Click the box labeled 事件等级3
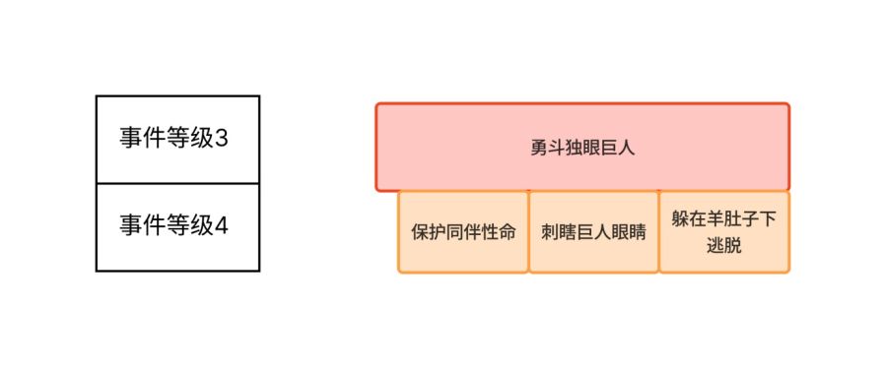point(177,139)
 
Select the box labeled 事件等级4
point(177,226)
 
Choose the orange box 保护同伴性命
point(463,233)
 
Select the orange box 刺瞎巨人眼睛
point(593,233)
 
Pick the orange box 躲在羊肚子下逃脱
point(723,233)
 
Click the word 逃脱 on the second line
point(723,246)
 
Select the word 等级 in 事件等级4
point(190,226)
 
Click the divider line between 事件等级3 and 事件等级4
point(177,183)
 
